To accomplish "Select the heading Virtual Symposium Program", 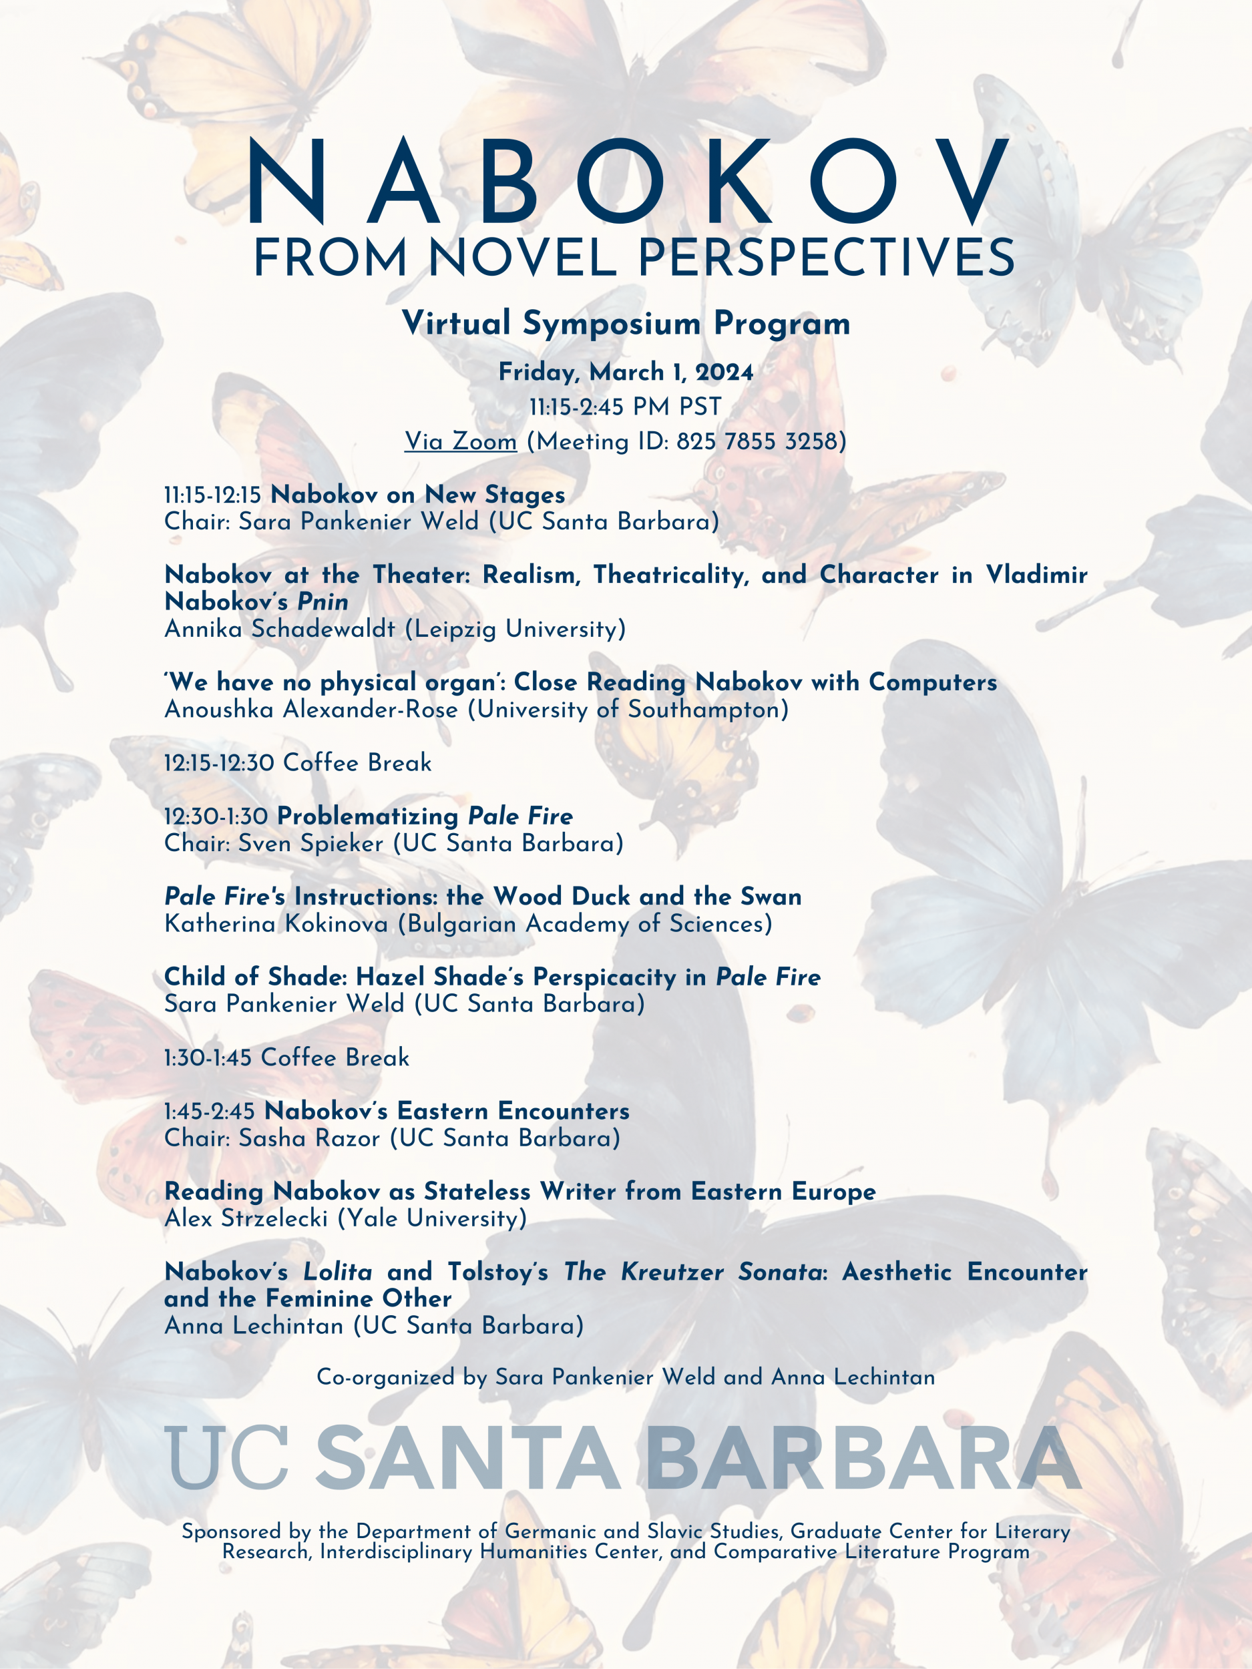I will coord(626,324).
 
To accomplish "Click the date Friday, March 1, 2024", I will coord(626,372).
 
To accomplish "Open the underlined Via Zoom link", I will coord(460,441).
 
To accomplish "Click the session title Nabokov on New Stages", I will coord(417,495).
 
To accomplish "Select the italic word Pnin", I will coord(323,602).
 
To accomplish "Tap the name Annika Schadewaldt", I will coord(279,628).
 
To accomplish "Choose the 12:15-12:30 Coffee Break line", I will coord(297,763).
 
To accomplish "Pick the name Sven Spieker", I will coord(311,844).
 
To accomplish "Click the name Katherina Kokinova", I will coord(276,923).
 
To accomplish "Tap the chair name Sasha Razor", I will coord(309,1138).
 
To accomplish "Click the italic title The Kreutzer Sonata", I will coord(692,1272).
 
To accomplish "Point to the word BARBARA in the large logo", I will coord(863,1459).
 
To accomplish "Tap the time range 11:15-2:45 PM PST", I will coord(626,407).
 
